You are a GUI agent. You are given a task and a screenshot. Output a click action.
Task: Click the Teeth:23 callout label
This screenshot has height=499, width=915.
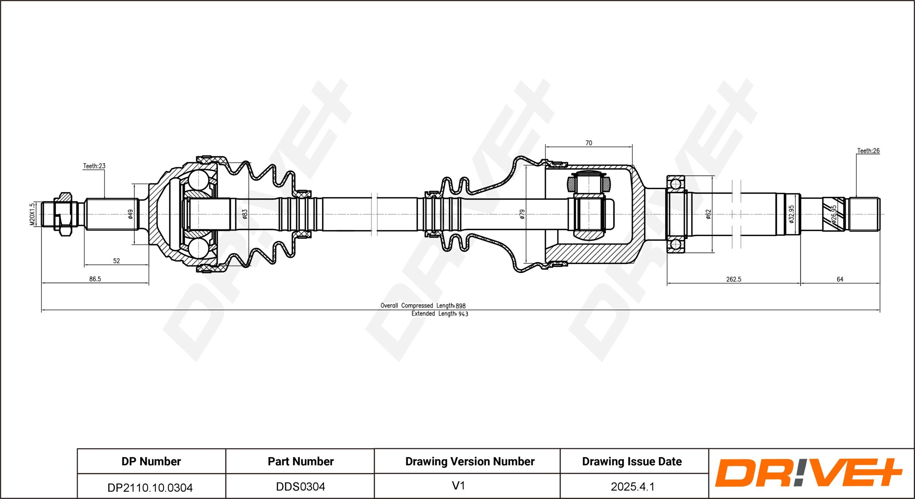[x=94, y=166]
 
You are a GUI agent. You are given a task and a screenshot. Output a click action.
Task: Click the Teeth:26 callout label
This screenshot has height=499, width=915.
[x=868, y=150]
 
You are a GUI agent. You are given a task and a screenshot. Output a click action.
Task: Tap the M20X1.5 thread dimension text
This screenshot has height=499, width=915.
[x=32, y=214]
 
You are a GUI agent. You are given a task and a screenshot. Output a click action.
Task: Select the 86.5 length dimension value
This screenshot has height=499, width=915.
[x=95, y=279]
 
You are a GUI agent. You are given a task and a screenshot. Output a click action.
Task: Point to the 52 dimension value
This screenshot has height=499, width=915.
[x=116, y=261]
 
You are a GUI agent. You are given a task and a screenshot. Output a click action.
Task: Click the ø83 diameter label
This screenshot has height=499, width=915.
[x=245, y=214]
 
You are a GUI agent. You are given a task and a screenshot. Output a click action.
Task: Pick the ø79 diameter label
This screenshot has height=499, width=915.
[x=522, y=214]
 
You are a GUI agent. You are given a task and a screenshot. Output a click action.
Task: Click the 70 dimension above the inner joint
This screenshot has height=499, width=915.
[x=589, y=143]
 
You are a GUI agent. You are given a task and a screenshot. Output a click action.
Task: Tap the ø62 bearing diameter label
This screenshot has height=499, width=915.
[x=708, y=214]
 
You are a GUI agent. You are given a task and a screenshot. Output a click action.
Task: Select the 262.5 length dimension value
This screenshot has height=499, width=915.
[x=733, y=279]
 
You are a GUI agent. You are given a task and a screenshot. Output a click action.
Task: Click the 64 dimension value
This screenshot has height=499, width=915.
[x=840, y=279]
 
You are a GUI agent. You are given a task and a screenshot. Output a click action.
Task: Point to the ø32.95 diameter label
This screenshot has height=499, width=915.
[x=791, y=214]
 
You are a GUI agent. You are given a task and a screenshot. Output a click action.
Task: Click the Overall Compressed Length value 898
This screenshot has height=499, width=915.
[x=461, y=306]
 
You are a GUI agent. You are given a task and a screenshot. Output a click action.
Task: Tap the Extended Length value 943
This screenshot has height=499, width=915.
[x=463, y=314]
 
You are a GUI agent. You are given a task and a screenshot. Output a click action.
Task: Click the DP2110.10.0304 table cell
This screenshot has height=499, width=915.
[x=150, y=487]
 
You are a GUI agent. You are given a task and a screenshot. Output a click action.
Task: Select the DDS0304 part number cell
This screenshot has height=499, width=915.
[x=300, y=487]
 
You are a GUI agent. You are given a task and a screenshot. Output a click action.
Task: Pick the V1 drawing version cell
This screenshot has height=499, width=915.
[x=458, y=486]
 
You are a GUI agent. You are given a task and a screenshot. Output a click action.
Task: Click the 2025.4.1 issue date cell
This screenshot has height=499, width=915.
[x=632, y=487]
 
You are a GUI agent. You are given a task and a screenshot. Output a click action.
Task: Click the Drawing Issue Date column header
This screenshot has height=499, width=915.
[x=632, y=461]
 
